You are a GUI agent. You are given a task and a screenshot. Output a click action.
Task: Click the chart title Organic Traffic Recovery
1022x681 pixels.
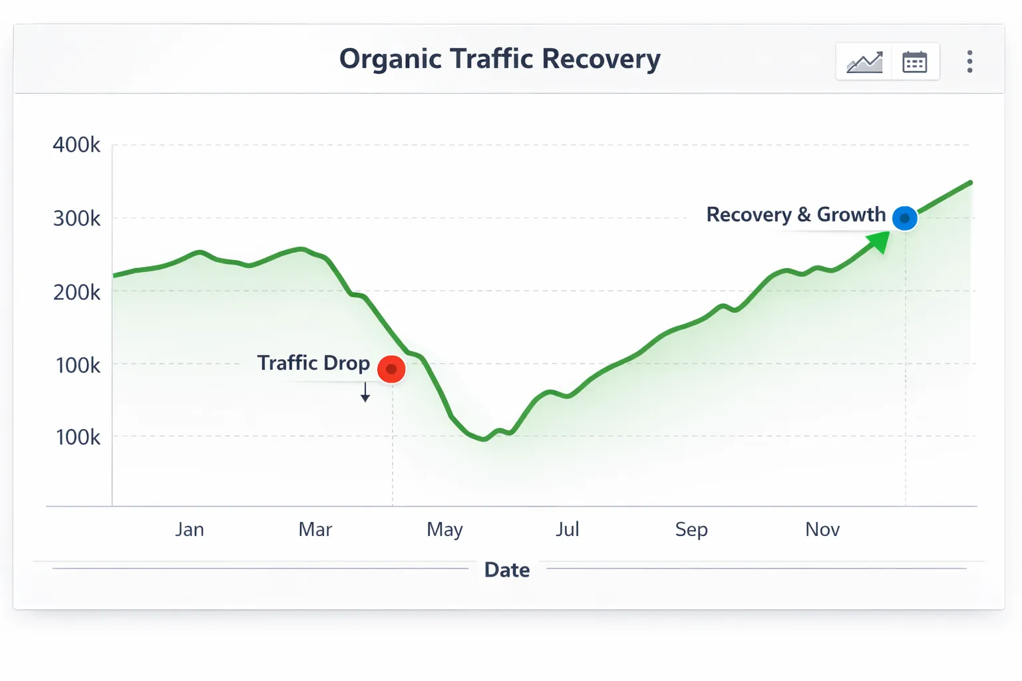click(x=500, y=59)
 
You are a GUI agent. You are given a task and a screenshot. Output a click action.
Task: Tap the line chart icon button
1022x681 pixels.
click(x=864, y=62)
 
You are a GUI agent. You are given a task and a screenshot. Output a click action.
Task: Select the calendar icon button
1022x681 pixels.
click(x=914, y=62)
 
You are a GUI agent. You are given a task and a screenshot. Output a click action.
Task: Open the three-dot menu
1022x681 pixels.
click(x=969, y=62)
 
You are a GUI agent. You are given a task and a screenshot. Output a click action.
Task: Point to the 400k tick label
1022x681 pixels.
click(x=77, y=145)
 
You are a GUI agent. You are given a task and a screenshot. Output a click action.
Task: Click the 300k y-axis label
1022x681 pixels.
click(x=77, y=218)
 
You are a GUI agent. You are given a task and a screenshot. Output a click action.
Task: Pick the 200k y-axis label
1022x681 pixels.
click(x=77, y=292)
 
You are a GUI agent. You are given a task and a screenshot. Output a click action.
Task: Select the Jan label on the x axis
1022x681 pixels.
click(x=190, y=529)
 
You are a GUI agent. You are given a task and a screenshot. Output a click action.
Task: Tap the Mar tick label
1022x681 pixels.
click(x=315, y=529)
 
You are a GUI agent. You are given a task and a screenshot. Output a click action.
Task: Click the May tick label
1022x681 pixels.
click(x=444, y=529)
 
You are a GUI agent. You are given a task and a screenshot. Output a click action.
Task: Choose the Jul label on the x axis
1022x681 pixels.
click(x=568, y=529)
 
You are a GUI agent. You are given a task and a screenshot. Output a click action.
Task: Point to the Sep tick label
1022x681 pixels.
click(x=691, y=529)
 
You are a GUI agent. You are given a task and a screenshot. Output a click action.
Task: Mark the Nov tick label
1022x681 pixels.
click(x=822, y=529)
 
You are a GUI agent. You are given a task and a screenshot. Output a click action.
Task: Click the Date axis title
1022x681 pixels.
click(x=507, y=570)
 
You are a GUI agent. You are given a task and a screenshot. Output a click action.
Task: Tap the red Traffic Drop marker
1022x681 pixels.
click(x=391, y=369)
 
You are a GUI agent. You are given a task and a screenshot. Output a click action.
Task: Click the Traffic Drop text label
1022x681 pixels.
click(x=313, y=363)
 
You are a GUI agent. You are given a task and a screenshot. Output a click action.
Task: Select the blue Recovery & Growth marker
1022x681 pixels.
click(x=904, y=218)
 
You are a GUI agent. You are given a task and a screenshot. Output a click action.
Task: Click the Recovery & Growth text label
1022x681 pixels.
click(x=796, y=215)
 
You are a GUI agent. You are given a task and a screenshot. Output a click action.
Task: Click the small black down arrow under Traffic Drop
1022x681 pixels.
click(x=365, y=394)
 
